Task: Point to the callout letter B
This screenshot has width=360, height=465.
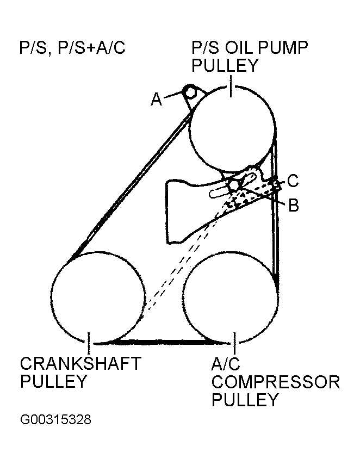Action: point(293,205)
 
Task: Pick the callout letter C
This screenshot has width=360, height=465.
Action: point(293,180)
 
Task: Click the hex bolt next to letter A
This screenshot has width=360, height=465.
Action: point(190,91)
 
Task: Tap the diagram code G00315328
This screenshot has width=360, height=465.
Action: point(55,420)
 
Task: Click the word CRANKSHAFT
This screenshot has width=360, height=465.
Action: point(80,363)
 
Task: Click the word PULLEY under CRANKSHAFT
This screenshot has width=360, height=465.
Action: point(53,381)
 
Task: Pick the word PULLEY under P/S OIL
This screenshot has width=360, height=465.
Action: point(224,66)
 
